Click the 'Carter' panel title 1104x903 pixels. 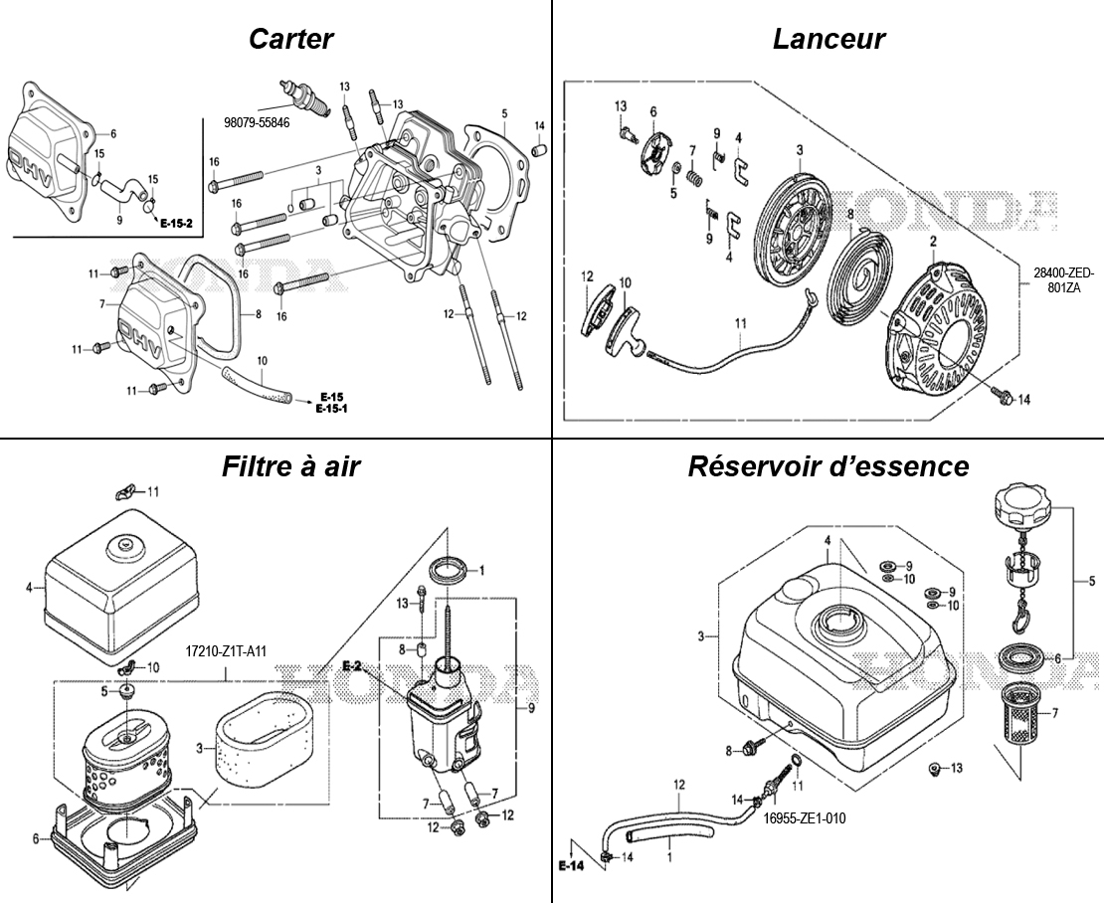(290, 39)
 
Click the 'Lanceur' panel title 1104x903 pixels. (828, 39)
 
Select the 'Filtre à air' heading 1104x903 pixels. (290, 466)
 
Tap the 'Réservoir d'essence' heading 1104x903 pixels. (828, 466)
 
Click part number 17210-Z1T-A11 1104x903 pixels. (226, 652)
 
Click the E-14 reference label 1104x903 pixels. (571, 867)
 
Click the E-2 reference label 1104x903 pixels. (352, 665)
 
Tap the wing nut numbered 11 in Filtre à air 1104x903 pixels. (124, 491)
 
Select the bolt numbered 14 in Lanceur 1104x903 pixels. (1001, 398)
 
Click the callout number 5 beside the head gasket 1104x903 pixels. (504, 113)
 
